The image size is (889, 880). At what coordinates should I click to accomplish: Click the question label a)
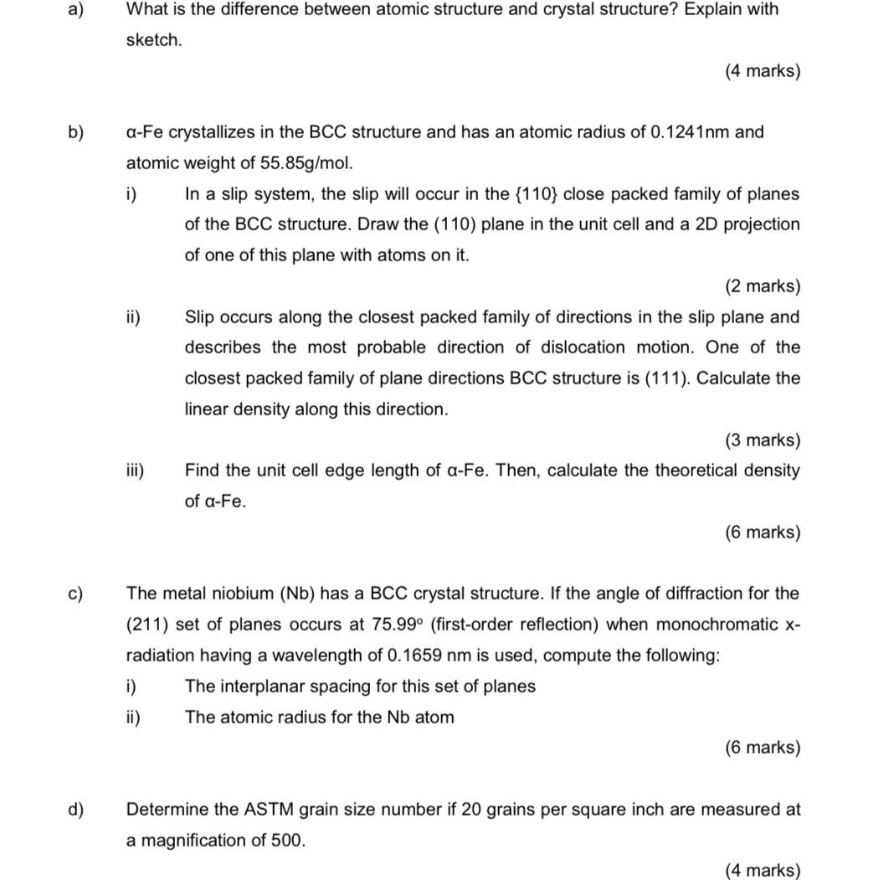(x=75, y=10)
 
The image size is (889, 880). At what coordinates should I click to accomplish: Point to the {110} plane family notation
(x=535, y=194)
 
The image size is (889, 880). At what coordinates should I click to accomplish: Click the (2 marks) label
(x=762, y=286)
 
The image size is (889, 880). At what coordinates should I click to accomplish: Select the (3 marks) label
(x=762, y=440)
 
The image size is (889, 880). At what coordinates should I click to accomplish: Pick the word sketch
(x=153, y=40)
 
